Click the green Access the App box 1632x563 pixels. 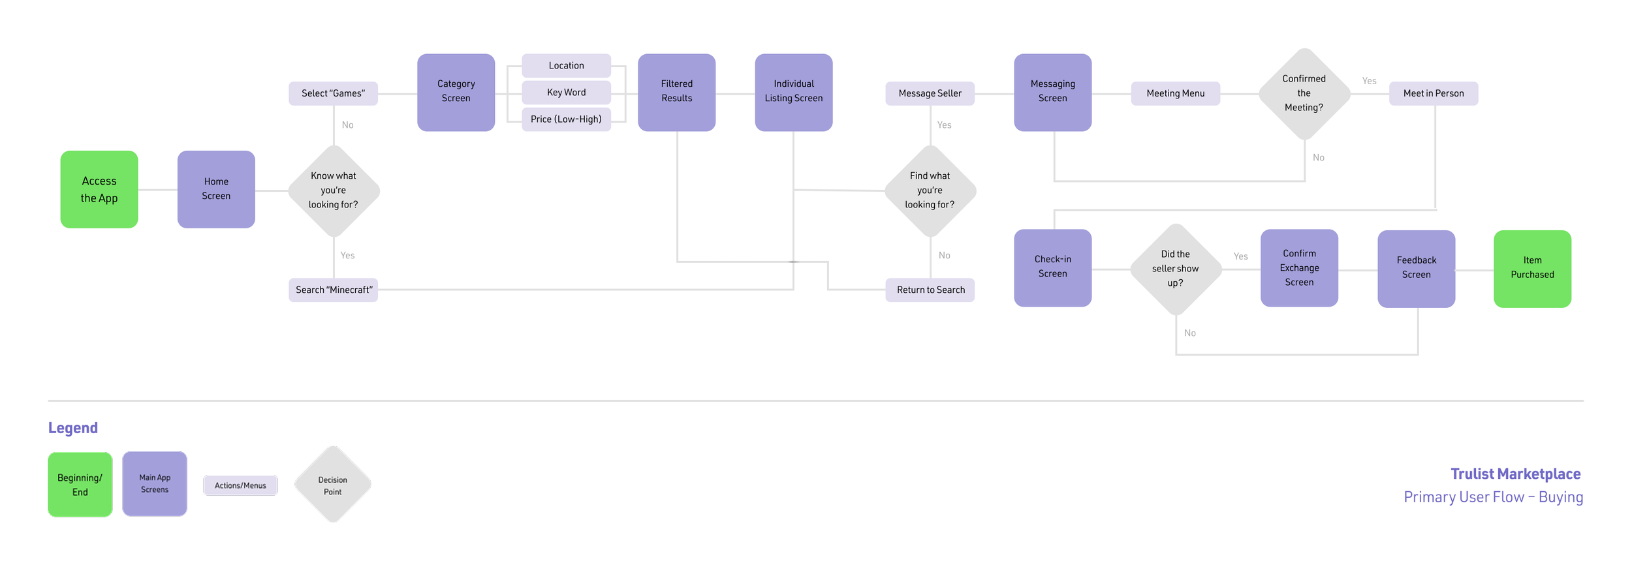point(99,189)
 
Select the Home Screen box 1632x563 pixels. point(216,189)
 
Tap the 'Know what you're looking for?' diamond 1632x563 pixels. point(334,190)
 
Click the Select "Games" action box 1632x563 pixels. point(333,93)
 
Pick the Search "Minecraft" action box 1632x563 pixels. point(334,290)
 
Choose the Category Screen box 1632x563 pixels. point(456,92)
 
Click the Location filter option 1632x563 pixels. point(566,65)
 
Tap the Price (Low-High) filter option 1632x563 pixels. point(566,119)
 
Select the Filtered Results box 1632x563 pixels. point(676,92)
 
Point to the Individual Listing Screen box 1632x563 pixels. point(793,92)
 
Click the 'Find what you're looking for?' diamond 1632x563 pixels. point(930,190)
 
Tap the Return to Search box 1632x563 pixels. point(930,290)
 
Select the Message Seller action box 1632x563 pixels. point(930,93)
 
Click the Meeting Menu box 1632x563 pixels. point(1175,93)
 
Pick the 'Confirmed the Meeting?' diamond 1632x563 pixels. point(1304,93)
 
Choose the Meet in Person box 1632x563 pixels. point(1434,93)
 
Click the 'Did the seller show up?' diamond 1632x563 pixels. point(1175,269)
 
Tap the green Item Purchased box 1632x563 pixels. point(1532,268)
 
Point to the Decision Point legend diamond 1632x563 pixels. point(333,485)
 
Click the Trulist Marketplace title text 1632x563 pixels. point(1515,474)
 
